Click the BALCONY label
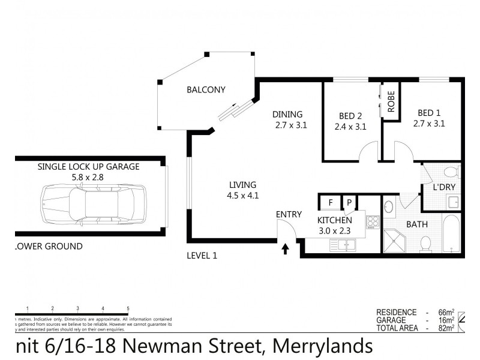[x=206, y=91]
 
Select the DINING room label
[x=287, y=115]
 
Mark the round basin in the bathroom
[x=389, y=208]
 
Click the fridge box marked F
[x=330, y=203]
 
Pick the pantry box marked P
[x=348, y=203]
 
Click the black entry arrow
[x=286, y=248]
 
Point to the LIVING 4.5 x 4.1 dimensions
[x=242, y=195]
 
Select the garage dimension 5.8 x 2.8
[x=88, y=178]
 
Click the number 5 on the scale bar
[x=128, y=308]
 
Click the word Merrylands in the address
[x=323, y=347]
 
